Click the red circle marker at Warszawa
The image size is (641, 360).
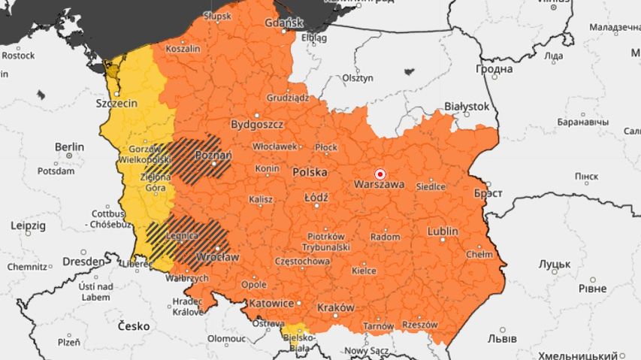coord(379,171)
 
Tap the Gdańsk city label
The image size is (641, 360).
coord(282,23)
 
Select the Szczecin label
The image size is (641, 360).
coord(116,104)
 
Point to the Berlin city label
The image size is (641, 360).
coord(69,147)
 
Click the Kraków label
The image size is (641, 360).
coord(335,307)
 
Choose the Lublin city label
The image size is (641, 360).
coord(443,231)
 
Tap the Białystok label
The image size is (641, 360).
coord(467,106)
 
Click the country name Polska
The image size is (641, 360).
coord(310,172)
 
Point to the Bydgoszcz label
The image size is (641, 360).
coord(256,124)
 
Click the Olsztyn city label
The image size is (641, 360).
coord(358,78)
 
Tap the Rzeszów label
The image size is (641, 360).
coord(420,325)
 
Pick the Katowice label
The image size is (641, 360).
coord(272,303)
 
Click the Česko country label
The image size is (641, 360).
coord(133,326)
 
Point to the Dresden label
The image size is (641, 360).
coord(83,262)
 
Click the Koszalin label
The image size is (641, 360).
coord(183,49)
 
